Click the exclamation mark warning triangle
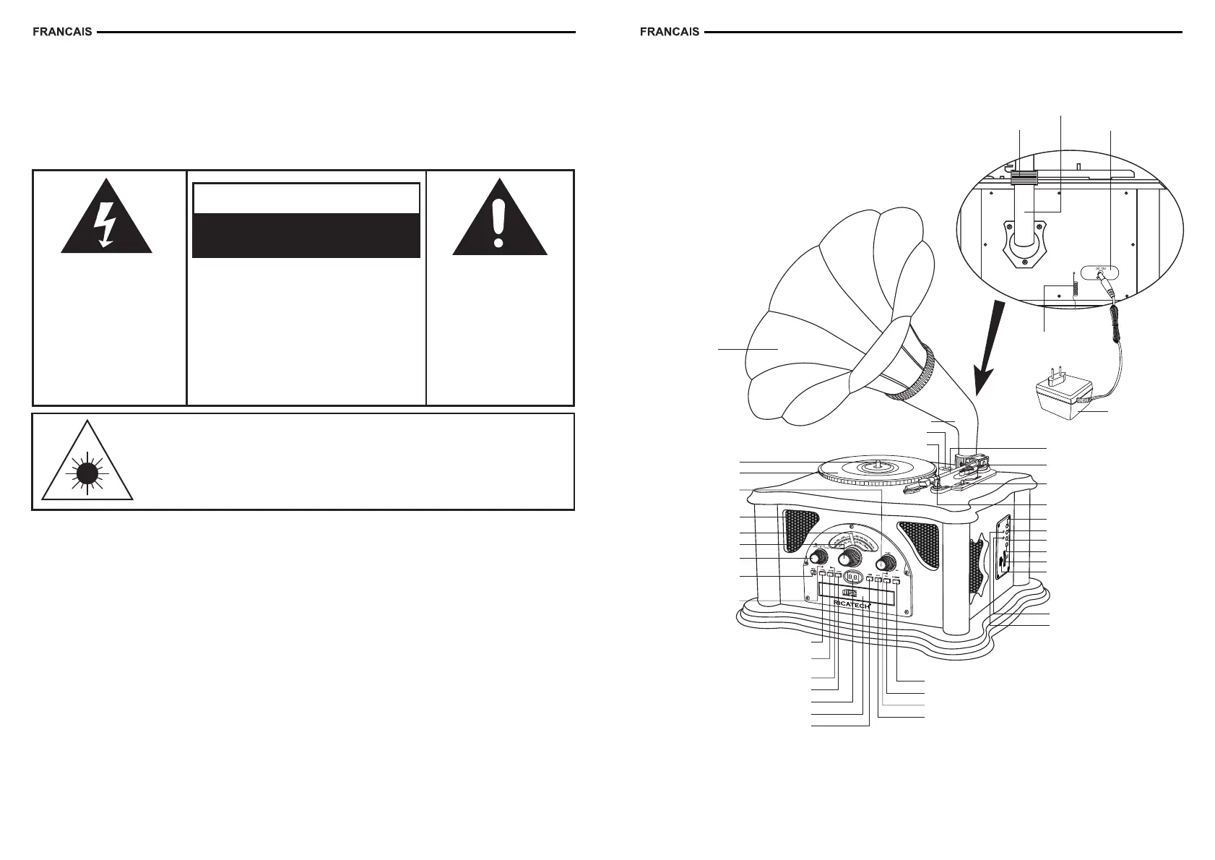click(x=499, y=221)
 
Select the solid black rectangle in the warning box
click(x=306, y=235)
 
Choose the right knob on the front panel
click(x=886, y=564)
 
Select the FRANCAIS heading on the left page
click(x=62, y=33)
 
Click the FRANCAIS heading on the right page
click(x=670, y=33)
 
